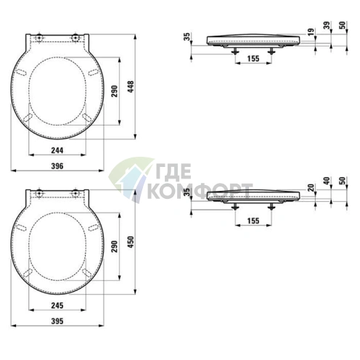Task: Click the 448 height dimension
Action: tap(131, 87)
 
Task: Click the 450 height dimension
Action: tap(131, 242)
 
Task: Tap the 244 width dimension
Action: tap(57, 150)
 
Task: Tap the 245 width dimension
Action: tap(57, 306)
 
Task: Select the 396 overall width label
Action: tap(57, 166)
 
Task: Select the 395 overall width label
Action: tap(57, 321)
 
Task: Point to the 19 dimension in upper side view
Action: tap(311, 31)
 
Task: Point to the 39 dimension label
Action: tap(327, 25)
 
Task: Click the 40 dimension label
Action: tap(327, 181)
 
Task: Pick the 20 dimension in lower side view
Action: tap(311, 187)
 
